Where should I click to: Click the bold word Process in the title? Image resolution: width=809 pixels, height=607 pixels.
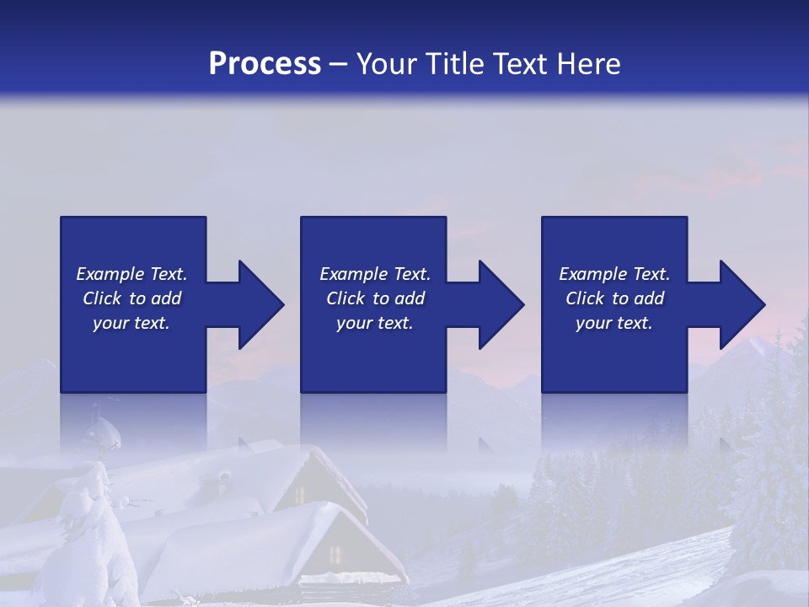(x=265, y=64)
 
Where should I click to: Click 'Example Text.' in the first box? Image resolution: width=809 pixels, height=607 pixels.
(x=131, y=274)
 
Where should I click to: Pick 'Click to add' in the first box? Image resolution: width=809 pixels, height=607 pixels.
(x=131, y=298)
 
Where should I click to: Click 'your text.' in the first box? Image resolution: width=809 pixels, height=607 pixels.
(x=131, y=323)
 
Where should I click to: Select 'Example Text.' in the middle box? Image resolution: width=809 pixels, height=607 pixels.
(x=374, y=274)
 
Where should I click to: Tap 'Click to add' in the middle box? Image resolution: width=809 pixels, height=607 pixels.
(x=374, y=298)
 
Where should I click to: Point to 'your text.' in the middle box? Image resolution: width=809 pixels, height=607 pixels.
(x=374, y=323)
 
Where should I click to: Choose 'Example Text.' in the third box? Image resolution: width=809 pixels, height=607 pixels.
(x=614, y=274)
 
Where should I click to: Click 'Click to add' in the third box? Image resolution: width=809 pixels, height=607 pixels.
(x=614, y=298)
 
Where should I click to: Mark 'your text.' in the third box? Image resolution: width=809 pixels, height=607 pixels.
(x=614, y=323)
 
